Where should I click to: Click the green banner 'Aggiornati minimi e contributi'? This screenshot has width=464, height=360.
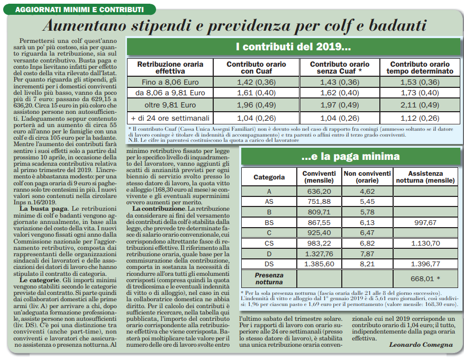[x=79, y=10]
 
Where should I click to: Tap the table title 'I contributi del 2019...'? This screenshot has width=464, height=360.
[x=293, y=48]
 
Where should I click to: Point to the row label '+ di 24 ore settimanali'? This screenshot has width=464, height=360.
[x=170, y=118]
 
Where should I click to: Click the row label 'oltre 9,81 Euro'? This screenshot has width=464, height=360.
[x=170, y=105]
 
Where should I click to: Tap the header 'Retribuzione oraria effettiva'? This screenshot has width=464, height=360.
[x=170, y=68]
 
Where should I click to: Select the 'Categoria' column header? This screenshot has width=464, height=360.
[x=269, y=177]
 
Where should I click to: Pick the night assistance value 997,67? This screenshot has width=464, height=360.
[x=425, y=223]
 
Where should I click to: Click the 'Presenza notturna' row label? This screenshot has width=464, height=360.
[x=269, y=278]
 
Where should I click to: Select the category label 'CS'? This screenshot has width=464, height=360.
[x=269, y=243]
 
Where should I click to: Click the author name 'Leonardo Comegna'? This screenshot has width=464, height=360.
[x=421, y=345]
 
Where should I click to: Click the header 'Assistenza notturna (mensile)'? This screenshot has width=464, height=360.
[x=425, y=177]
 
